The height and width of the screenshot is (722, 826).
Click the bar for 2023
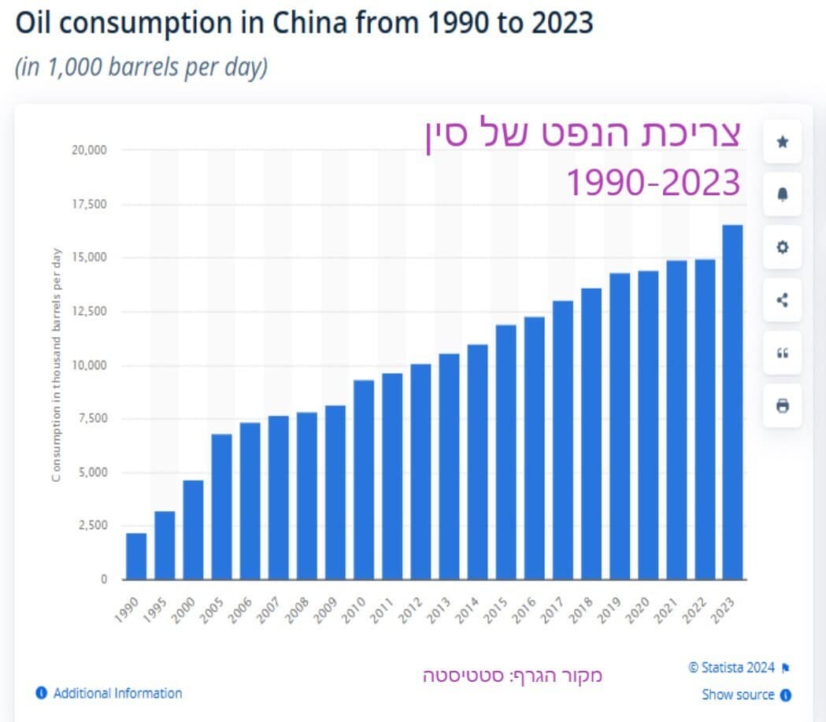[x=732, y=402]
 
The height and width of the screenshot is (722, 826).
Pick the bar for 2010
[x=364, y=479]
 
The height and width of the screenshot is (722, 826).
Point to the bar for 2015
[x=506, y=452]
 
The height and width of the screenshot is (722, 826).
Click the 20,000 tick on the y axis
[x=90, y=150]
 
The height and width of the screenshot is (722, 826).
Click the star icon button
[x=782, y=142]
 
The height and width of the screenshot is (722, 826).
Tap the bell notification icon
[x=782, y=194]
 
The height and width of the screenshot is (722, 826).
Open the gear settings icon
[x=782, y=247]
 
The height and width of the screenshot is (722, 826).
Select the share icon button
[x=782, y=300]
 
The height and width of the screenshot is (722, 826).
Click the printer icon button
[x=782, y=406]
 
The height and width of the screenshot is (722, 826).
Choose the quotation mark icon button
[x=782, y=354]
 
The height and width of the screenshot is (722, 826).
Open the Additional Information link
[x=117, y=694]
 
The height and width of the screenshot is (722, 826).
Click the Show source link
[x=738, y=694]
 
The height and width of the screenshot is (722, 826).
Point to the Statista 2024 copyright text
[x=732, y=668]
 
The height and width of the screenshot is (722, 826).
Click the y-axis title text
[x=57, y=367]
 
